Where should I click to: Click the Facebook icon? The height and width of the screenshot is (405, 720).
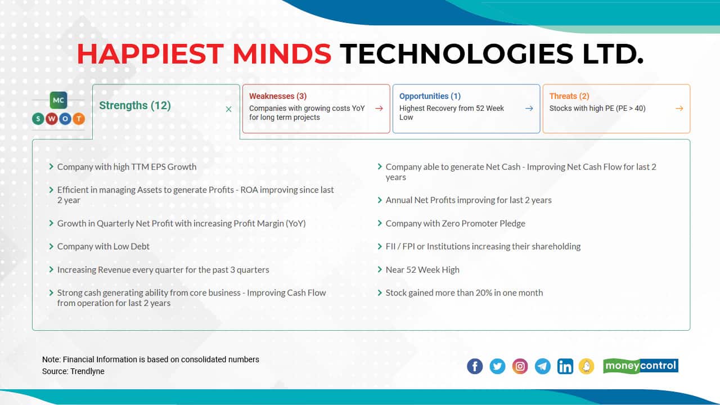475,367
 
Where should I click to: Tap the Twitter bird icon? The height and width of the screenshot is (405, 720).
497,367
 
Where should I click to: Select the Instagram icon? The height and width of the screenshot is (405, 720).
521,367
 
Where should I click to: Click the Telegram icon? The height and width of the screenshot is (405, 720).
543,367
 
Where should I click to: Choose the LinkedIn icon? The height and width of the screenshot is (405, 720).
565,367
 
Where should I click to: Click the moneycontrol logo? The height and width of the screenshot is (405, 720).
641,366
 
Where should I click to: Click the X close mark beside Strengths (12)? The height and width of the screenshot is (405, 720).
228,109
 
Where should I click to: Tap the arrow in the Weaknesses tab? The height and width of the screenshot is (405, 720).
379,109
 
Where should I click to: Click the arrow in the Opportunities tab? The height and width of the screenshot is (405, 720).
529,109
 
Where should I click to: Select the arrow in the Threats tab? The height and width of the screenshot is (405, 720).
679,109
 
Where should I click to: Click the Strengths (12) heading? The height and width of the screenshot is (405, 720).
135,106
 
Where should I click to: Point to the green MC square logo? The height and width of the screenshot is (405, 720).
58,100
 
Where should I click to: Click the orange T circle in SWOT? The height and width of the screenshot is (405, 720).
78,119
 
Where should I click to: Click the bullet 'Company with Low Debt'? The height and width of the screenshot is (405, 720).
103,246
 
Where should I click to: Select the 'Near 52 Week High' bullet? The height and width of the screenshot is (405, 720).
422,269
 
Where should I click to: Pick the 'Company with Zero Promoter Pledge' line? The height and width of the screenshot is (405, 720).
455,223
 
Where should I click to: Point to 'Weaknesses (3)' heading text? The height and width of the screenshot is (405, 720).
278,96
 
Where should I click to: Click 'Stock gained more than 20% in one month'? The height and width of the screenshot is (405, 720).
464,292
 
